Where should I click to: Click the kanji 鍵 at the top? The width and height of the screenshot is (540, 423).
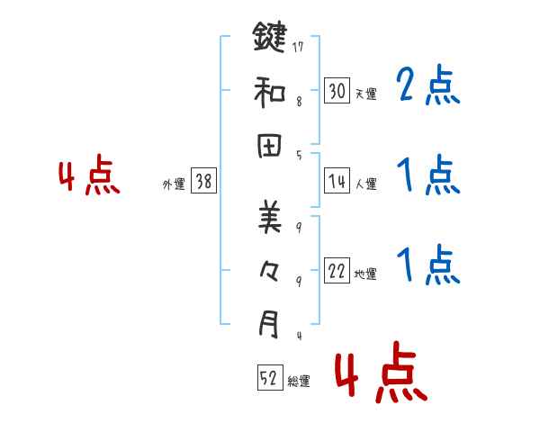point(268,38)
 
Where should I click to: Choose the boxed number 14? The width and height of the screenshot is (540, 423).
point(337,181)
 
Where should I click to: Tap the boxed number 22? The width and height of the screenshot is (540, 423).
point(337,272)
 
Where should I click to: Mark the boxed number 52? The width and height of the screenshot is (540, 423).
point(269,379)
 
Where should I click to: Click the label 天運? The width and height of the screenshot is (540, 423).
point(366,93)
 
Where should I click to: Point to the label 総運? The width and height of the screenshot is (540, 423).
point(299,382)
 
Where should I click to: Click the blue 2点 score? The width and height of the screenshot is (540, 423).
point(427,86)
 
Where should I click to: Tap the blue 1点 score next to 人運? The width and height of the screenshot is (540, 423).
point(427,176)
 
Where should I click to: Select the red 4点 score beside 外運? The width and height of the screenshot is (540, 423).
point(89,176)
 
